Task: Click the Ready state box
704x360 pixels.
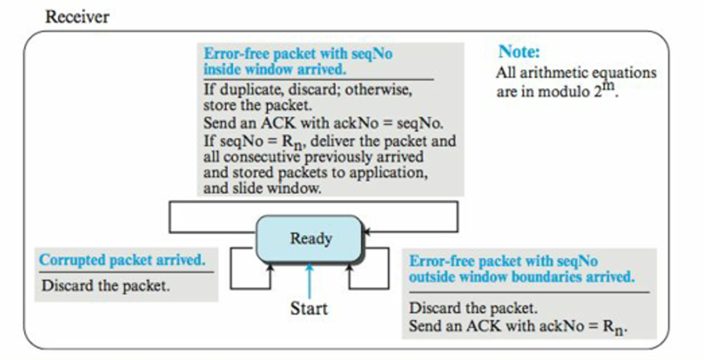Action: click(310, 239)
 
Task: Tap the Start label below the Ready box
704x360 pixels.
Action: click(309, 308)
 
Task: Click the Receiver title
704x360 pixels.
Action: click(77, 17)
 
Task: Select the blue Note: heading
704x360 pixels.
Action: click(519, 52)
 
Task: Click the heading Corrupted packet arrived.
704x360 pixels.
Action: click(122, 259)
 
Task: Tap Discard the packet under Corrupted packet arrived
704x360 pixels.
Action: click(105, 286)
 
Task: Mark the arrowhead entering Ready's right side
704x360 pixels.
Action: click(367, 231)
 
